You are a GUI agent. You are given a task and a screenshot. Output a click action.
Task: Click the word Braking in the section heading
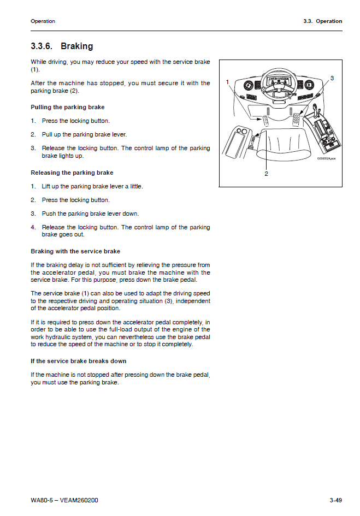coord(77,46)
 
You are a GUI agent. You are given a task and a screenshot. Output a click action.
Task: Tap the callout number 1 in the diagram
coord(227,82)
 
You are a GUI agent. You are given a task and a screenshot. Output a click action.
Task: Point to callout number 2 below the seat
coord(266,174)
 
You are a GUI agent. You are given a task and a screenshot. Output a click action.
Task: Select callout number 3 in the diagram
coord(332,79)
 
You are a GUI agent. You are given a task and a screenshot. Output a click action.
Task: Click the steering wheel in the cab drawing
coord(278,82)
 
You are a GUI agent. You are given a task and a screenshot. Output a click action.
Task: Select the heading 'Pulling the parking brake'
coord(68,107)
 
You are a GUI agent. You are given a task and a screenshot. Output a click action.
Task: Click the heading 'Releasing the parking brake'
coord(72,173)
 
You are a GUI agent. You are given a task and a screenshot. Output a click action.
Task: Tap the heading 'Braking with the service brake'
coord(75,251)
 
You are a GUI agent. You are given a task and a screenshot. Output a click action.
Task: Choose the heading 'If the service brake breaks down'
coord(79,361)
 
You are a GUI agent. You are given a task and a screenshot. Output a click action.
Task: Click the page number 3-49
coord(335,500)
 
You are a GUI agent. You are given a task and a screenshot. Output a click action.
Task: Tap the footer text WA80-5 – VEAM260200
coord(64,500)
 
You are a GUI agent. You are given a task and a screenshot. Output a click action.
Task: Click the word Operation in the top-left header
coord(43,21)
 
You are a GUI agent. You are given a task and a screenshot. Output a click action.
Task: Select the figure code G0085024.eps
coord(326,158)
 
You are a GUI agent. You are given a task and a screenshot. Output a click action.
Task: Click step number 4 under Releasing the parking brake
coord(33,227)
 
